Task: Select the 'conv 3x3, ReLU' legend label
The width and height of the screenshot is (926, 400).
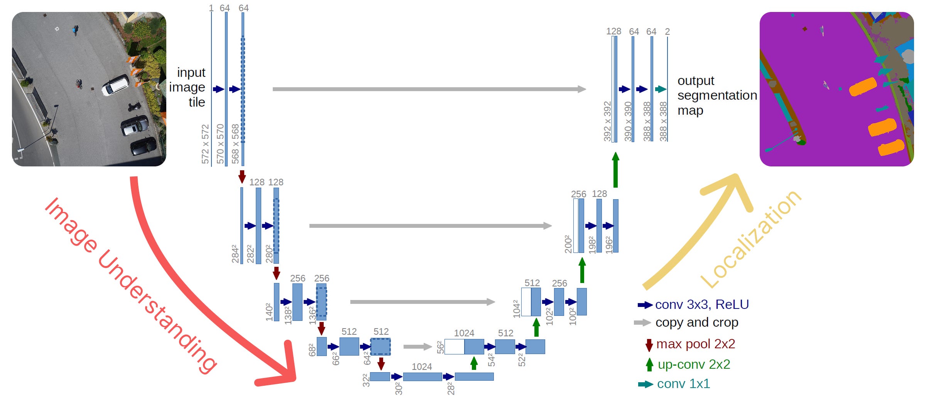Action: pyautogui.click(x=702, y=305)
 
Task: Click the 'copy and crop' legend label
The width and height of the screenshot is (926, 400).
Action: pyautogui.click(x=697, y=322)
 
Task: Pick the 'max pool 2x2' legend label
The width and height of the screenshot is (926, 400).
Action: pyautogui.click(x=696, y=344)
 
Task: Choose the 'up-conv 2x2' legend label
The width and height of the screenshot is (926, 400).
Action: pyautogui.click(x=694, y=364)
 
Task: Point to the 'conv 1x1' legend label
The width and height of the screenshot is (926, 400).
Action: pyautogui.click(x=683, y=383)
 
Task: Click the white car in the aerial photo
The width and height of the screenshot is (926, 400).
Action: pyautogui.click(x=115, y=85)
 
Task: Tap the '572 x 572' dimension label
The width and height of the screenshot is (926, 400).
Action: pyautogui.click(x=205, y=144)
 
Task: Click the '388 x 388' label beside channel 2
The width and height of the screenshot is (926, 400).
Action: pyautogui.click(x=663, y=121)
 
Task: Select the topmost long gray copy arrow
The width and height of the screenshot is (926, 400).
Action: pyautogui.click(x=429, y=89)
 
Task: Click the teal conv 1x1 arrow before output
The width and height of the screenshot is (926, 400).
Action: pyautogui.click(x=661, y=89)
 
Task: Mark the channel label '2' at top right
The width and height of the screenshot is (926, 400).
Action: pyautogui.click(x=667, y=31)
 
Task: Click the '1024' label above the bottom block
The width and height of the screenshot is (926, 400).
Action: pyautogui.click(x=422, y=366)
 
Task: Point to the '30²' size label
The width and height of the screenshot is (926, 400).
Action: pyautogui.click(x=399, y=388)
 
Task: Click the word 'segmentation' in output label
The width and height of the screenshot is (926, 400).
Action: pyautogui.click(x=717, y=95)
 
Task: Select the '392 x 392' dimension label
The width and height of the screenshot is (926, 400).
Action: pyautogui.click(x=607, y=121)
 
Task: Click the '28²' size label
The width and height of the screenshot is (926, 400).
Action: pyautogui.click(x=451, y=388)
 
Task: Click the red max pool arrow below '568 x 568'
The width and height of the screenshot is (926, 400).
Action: pyautogui.click(x=242, y=176)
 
